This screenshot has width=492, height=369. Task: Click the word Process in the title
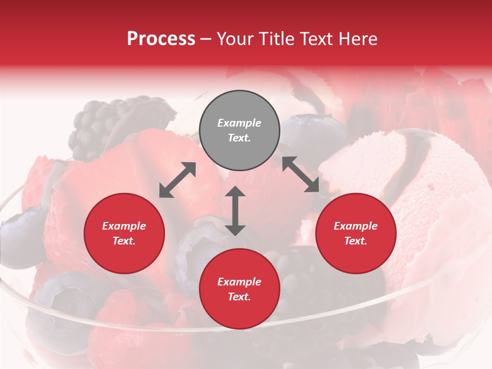161,39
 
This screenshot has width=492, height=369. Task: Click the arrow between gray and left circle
177,180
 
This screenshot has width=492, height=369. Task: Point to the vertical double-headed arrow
235,211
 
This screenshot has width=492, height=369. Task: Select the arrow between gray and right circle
300,175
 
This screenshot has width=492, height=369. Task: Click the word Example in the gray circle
239,123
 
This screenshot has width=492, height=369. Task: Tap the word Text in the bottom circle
239,297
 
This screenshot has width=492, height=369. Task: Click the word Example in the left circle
124,226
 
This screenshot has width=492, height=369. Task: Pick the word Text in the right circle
355,241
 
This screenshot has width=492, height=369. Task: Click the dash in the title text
206,39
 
